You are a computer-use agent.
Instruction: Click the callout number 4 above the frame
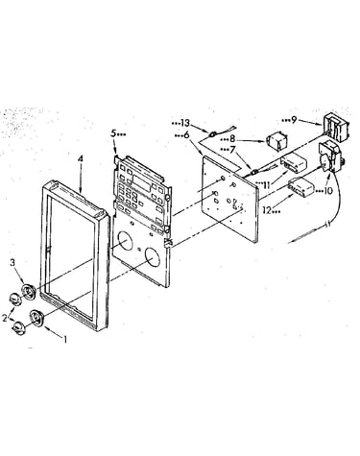pyautogui.click(x=81, y=159)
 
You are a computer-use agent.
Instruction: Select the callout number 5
pyautogui.click(x=114, y=133)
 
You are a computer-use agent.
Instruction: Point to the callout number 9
pyautogui.click(x=294, y=120)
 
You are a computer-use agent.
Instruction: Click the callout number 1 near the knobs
pyautogui.click(x=65, y=339)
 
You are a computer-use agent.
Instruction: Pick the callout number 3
pyautogui.click(x=12, y=263)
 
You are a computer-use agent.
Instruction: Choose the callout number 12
pyautogui.click(x=267, y=210)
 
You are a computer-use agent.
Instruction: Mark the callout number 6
pyautogui.click(x=186, y=135)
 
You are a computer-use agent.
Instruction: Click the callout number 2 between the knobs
pyautogui.click(x=5, y=318)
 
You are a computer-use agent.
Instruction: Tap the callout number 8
pyautogui.click(x=232, y=139)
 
